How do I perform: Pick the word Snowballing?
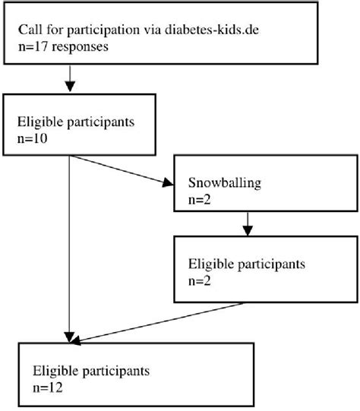[x=220, y=183]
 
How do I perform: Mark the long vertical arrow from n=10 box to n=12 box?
[x=71, y=251]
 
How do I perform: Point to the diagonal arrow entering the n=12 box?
[x=159, y=322]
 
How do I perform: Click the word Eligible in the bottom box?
[x=52, y=372]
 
